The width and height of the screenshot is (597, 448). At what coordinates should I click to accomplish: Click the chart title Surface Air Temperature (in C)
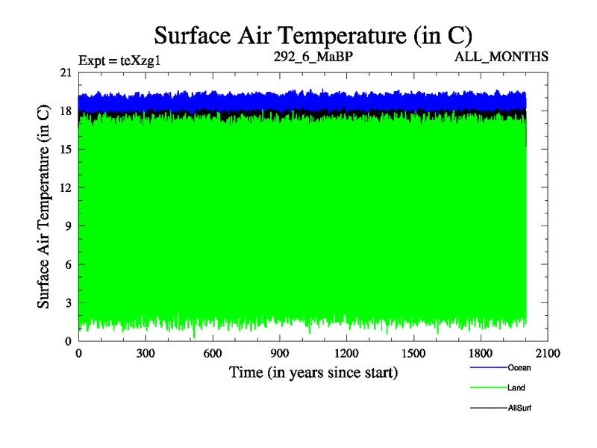click(x=313, y=34)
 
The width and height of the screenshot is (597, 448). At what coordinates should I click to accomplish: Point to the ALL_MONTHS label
click(x=501, y=57)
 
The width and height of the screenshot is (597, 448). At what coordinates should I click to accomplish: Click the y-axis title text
click(x=44, y=207)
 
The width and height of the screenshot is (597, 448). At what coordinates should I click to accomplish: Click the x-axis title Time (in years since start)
click(x=313, y=372)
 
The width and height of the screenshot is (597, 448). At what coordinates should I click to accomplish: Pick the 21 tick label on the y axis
click(x=65, y=72)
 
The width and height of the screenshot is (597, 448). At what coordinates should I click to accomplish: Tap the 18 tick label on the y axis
click(x=65, y=111)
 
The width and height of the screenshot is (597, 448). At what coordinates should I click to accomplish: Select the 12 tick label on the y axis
click(x=65, y=188)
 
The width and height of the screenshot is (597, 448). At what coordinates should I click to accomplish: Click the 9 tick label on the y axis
click(x=68, y=226)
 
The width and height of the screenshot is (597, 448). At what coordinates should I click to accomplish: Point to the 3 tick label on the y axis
click(x=68, y=303)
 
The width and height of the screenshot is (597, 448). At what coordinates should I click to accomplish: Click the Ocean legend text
click(x=519, y=368)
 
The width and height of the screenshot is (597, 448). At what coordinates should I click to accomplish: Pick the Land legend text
click(x=517, y=388)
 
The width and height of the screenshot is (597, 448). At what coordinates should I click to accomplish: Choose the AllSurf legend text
click(x=520, y=408)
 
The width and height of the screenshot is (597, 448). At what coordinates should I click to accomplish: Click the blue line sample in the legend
click(x=488, y=368)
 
